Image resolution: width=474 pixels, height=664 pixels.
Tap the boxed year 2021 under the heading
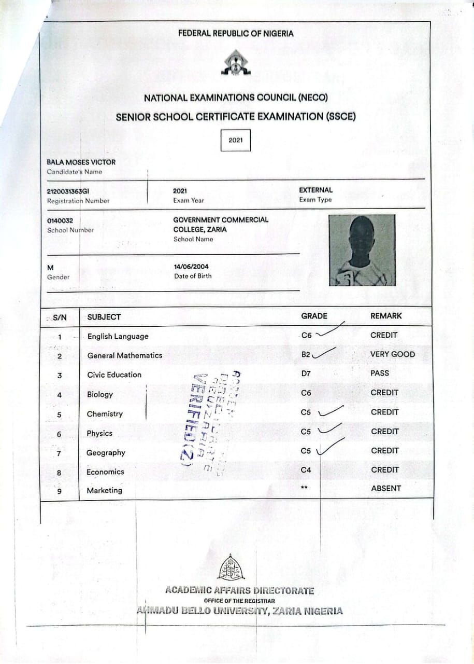(x=235, y=140)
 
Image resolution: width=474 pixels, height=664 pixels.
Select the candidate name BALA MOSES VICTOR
(x=81, y=162)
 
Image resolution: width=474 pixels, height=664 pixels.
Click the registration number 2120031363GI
(x=68, y=191)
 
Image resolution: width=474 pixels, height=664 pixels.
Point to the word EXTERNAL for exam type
(x=315, y=190)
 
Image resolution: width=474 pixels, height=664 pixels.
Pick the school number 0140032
(x=60, y=220)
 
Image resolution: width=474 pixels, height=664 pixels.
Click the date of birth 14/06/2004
(x=191, y=267)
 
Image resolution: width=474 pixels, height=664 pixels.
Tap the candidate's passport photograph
(x=362, y=250)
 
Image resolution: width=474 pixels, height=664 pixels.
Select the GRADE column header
(x=314, y=316)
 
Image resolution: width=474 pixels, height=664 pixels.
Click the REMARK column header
(x=386, y=315)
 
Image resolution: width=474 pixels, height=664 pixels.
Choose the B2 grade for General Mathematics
(x=306, y=355)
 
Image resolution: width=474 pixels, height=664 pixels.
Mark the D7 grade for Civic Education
(x=306, y=374)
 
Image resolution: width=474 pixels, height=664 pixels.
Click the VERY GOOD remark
(x=392, y=354)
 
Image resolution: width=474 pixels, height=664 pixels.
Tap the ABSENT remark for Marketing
(x=386, y=488)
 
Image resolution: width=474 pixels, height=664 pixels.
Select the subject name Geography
(x=106, y=453)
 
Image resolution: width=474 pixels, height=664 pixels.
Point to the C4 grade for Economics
(x=306, y=470)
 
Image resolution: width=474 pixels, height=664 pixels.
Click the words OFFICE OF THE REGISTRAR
(x=236, y=601)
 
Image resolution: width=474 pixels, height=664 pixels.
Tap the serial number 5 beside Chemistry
(x=60, y=414)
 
